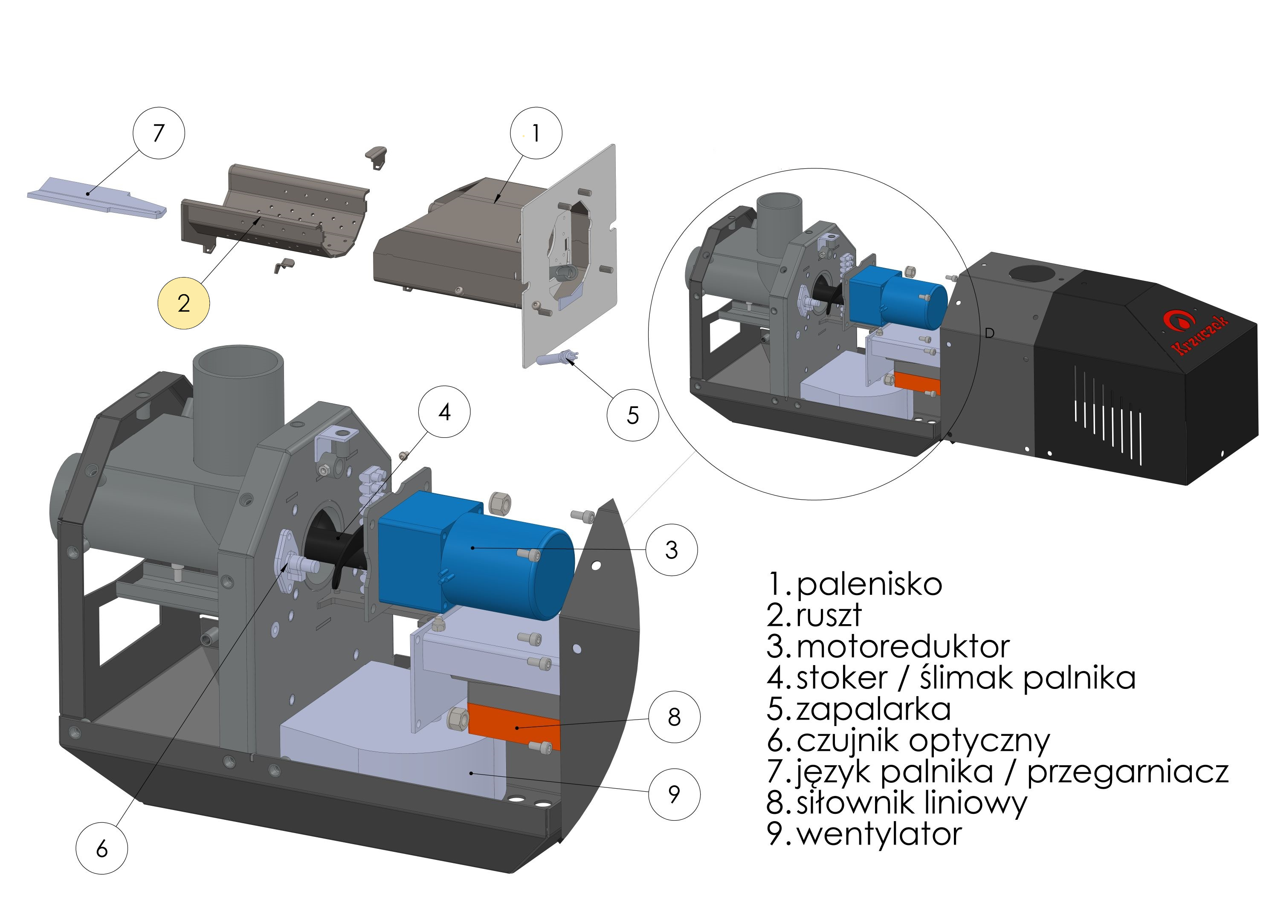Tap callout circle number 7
click(x=159, y=133)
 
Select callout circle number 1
click(x=536, y=133)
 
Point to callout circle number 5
click(x=632, y=415)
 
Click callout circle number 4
click(x=444, y=412)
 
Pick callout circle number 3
click(x=671, y=550)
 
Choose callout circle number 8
click(x=674, y=717)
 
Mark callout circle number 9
click(x=674, y=794)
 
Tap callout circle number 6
click(x=101, y=848)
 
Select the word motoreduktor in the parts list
click(x=903, y=647)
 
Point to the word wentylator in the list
click(x=879, y=835)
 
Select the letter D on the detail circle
click(x=989, y=333)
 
